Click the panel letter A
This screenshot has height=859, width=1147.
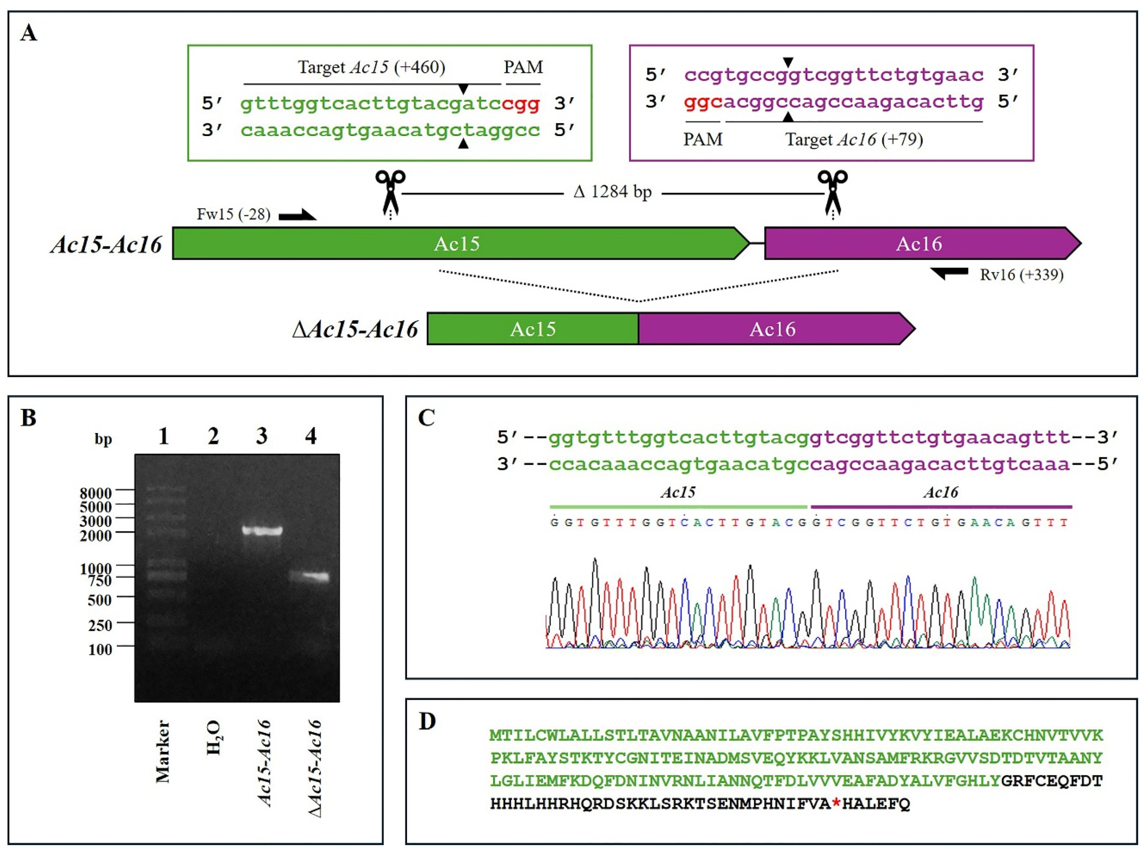tap(28, 33)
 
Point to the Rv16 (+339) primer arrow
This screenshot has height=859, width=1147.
tap(949, 273)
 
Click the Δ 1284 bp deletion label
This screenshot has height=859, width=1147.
tap(612, 192)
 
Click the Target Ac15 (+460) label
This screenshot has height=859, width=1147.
tap(371, 68)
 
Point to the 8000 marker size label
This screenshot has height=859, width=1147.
tap(96, 493)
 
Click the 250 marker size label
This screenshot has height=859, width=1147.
tap(100, 625)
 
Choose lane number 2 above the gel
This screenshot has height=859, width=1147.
tap(213, 436)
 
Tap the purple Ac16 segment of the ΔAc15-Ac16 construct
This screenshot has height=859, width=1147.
tap(773, 329)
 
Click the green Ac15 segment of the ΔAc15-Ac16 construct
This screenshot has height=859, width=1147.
tap(533, 329)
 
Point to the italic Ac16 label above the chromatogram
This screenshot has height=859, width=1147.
tap(940, 492)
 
